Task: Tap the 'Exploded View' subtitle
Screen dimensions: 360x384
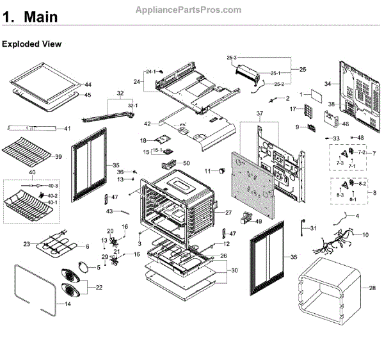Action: pos(31,44)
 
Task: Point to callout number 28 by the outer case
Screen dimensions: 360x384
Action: pos(372,289)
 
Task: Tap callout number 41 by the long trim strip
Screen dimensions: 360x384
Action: pos(67,129)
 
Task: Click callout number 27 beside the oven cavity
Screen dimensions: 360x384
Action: pos(228,213)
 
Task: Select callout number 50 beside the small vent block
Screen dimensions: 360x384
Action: pos(186,163)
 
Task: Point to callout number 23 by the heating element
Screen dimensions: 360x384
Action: pos(27,243)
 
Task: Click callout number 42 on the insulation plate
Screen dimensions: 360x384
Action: pos(148,124)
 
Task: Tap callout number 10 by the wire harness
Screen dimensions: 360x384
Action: pos(365,235)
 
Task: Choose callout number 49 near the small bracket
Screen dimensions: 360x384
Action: pos(259,222)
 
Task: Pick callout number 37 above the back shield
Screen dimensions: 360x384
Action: pos(260,114)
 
